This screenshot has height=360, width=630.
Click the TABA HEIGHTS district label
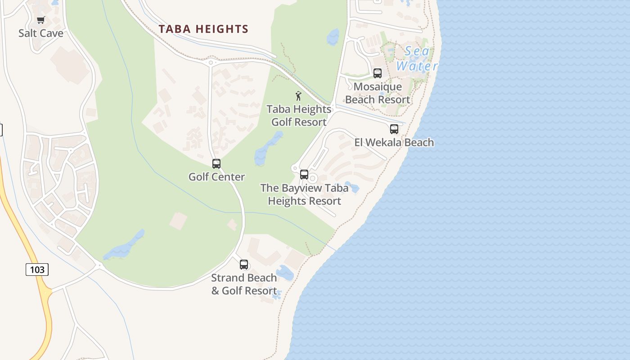(x=203, y=29)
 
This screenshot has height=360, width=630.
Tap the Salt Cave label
(x=41, y=33)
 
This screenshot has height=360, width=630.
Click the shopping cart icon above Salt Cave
(x=41, y=20)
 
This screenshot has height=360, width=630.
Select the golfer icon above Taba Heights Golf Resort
(x=298, y=96)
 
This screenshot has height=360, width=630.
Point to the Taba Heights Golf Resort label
(x=299, y=116)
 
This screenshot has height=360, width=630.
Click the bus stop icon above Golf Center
(x=216, y=164)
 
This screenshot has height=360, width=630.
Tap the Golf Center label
(x=216, y=177)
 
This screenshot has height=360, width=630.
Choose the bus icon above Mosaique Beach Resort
(x=378, y=73)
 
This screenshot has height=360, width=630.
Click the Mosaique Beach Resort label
(x=378, y=93)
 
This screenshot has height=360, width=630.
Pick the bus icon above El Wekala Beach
(x=394, y=129)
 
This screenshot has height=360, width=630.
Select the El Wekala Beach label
(x=394, y=143)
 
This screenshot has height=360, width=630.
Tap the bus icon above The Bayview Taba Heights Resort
(x=304, y=175)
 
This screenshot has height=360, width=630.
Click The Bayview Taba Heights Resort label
(x=305, y=194)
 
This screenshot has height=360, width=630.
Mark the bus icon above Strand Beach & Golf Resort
(x=244, y=265)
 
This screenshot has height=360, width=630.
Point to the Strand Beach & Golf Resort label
(x=244, y=284)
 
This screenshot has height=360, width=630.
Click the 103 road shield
(x=37, y=270)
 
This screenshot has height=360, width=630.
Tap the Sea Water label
(x=417, y=58)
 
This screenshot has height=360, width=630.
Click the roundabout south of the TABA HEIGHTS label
(x=210, y=63)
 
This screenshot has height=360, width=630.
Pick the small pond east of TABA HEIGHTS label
(x=333, y=37)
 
